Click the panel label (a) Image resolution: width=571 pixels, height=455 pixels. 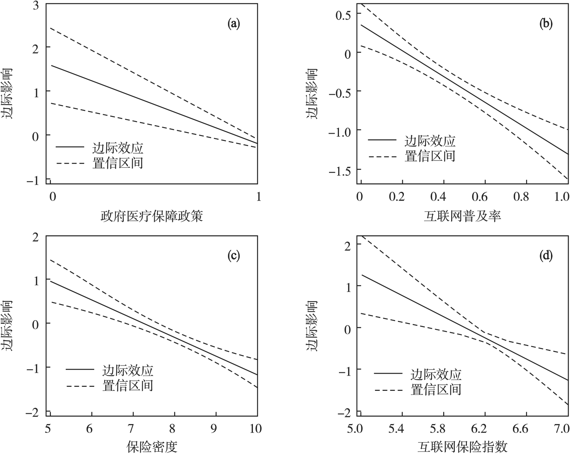(234, 24)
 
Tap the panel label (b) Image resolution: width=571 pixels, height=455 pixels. (546, 24)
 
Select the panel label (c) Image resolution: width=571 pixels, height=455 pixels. (234, 256)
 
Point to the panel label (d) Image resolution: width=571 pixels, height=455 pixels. (546, 256)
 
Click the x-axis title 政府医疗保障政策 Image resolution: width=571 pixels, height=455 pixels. (152, 217)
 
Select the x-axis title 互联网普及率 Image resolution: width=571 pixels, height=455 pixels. (462, 217)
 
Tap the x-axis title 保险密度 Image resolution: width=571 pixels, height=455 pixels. (152, 447)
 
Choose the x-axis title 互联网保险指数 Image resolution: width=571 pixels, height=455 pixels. (462, 447)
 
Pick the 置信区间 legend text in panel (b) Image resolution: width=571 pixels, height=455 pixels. (430, 156)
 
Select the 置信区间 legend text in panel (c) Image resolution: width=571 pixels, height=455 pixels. (128, 386)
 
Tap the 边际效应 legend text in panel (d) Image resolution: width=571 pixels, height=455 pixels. (436, 374)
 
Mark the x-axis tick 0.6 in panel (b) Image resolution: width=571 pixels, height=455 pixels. (480, 197)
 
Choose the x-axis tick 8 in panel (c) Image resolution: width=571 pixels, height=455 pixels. (173, 429)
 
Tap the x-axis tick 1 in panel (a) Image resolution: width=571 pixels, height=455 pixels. (258, 197)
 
